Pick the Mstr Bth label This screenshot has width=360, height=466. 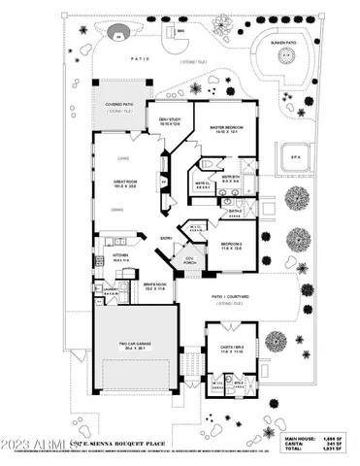[x=230, y=179]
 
